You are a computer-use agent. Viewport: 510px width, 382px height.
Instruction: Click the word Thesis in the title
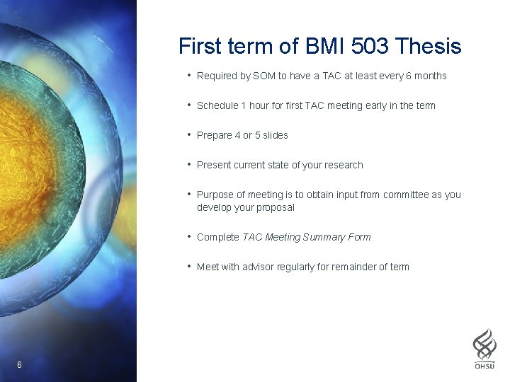[x=429, y=47]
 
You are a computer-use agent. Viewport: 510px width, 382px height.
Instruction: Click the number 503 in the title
[x=369, y=47]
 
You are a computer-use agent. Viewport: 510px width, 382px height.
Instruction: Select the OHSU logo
[x=484, y=348]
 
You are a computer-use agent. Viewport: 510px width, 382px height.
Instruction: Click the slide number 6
[x=19, y=364]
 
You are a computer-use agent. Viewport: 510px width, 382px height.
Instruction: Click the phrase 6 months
[x=425, y=76]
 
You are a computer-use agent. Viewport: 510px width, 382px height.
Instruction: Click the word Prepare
[x=215, y=135]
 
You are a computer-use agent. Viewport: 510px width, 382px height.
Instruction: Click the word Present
[x=214, y=165]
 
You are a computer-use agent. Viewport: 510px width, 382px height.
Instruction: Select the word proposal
[x=275, y=207]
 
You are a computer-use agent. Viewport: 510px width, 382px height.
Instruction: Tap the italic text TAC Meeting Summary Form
[x=306, y=237]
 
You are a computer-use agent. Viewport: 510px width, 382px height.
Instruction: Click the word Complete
[x=217, y=237]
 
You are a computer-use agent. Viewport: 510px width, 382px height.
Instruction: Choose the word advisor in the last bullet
[x=260, y=267]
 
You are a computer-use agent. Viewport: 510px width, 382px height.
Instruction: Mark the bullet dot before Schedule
[x=189, y=105]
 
